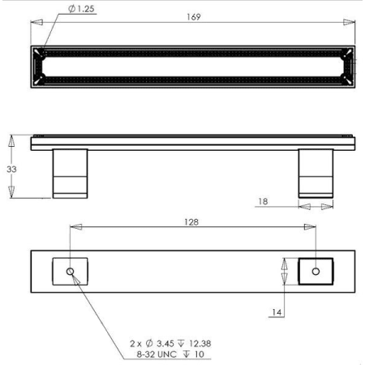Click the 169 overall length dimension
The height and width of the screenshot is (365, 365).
[x=193, y=17]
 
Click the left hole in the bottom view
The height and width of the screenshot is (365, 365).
[x=71, y=270]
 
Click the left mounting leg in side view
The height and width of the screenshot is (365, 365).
[x=70, y=174]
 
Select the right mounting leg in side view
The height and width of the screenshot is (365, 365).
[x=316, y=174]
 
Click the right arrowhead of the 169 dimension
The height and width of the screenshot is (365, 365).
[x=351, y=23]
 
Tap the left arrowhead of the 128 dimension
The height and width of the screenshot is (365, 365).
[x=75, y=226]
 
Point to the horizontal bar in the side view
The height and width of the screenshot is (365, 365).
[x=193, y=143]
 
